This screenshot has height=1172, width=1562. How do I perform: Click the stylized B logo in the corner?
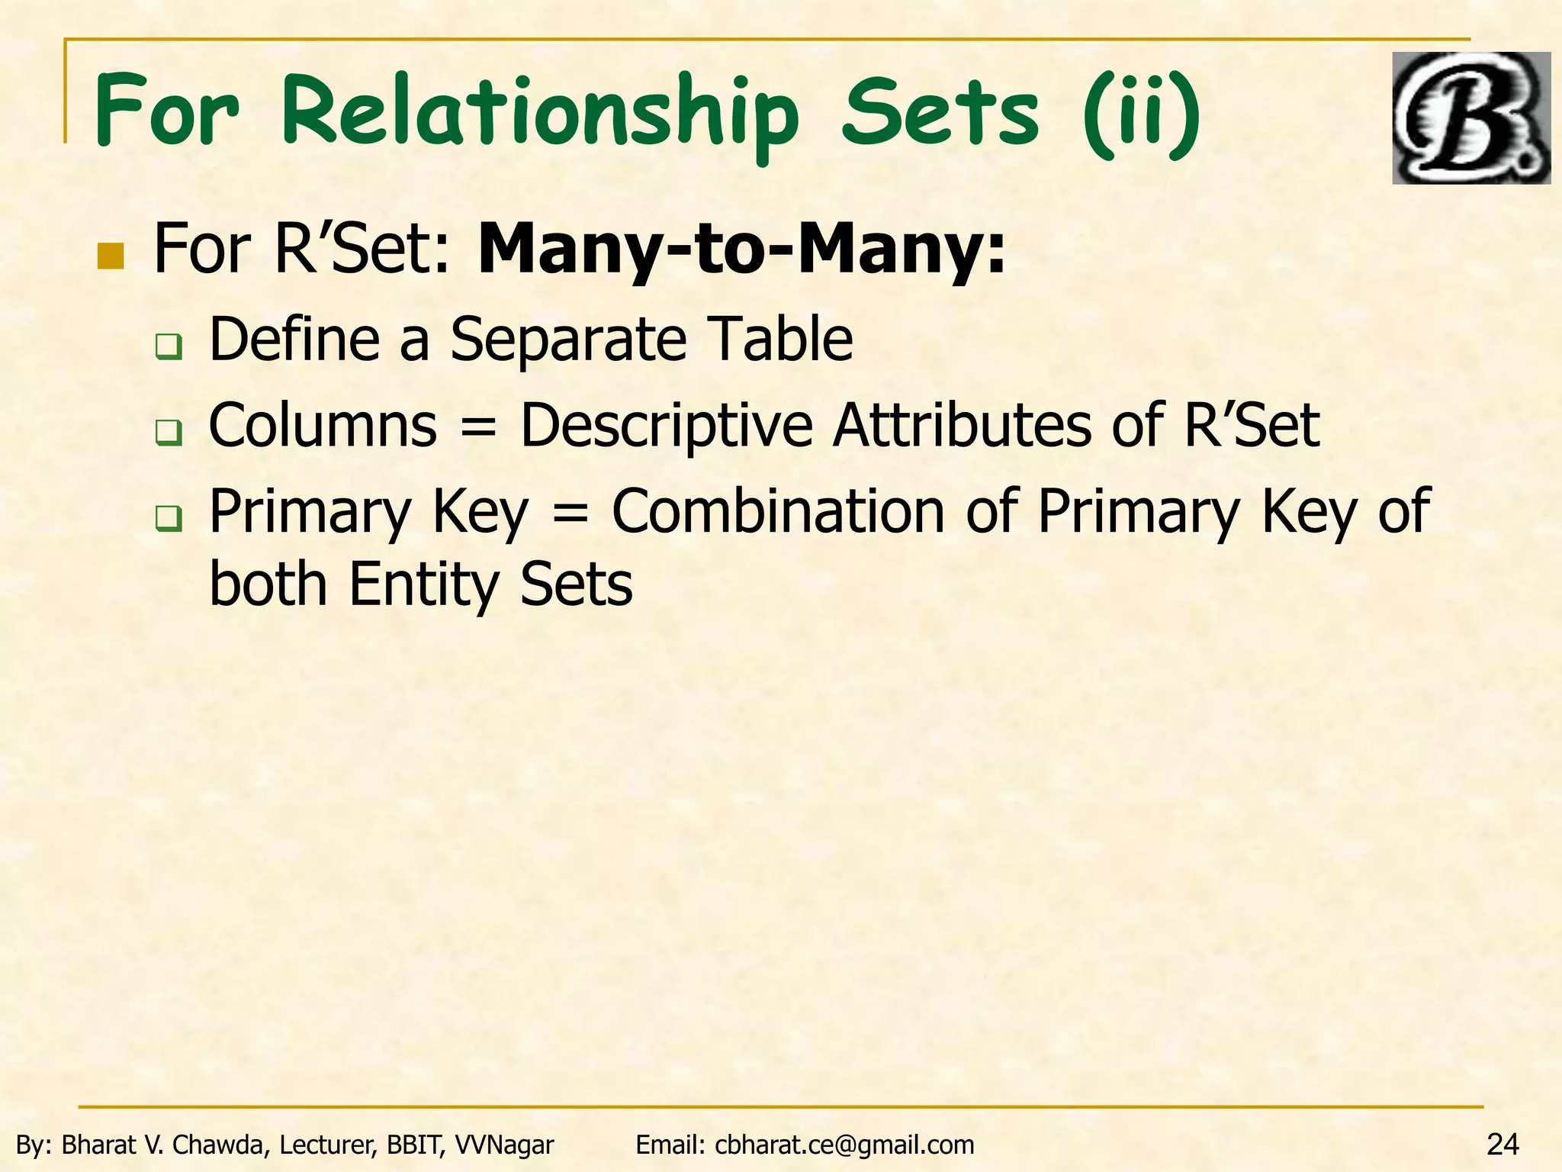pyautogui.click(x=1470, y=118)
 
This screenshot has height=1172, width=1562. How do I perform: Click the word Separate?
pyautogui.click(x=568, y=340)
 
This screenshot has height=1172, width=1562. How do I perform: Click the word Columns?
pyautogui.click(x=323, y=426)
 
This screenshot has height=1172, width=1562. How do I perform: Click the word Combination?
pyautogui.click(x=778, y=511)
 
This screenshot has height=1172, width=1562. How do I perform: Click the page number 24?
pyautogui.click(x=1503, y=1145)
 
